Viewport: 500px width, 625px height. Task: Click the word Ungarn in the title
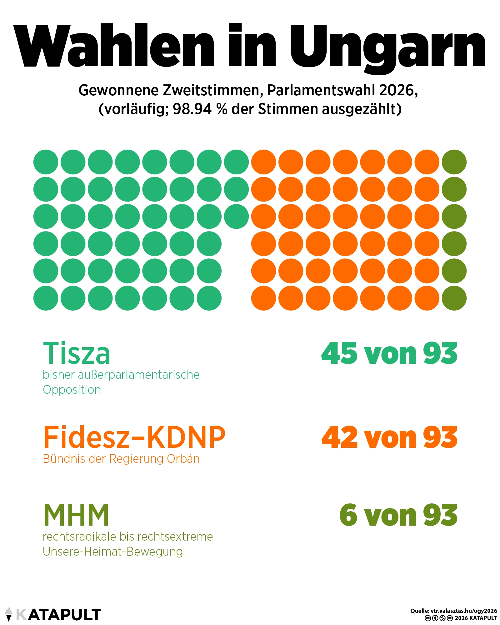[387, 47]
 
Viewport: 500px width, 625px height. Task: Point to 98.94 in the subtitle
[192, 109]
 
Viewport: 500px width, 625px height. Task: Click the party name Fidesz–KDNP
[134, 437]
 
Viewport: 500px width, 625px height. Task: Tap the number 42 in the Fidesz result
[339, 437]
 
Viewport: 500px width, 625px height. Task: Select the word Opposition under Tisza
[72, 390]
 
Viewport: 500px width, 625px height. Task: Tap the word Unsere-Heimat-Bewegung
[112, 552]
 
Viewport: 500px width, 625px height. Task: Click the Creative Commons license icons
[438, 618]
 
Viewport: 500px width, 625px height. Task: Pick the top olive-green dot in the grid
[454, 162]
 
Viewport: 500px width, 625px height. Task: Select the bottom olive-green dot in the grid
[454, 298]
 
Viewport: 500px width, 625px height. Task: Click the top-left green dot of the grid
[46, 162]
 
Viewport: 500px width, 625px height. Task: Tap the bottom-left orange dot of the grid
[263, 298]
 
